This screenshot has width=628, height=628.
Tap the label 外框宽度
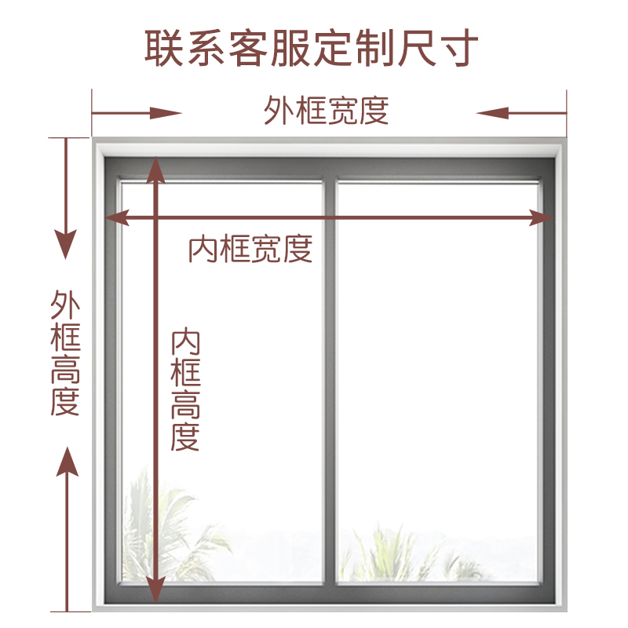tap(326, 111)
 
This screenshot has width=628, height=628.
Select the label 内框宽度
tap(250, 249)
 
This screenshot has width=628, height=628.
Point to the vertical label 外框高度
tap(66, 353)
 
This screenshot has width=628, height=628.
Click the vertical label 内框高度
tap(186, 390)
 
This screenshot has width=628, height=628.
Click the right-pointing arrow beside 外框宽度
tap(137, 113)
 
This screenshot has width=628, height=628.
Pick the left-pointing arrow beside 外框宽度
tap(520, 113)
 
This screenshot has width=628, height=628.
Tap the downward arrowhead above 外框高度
tap(67, 243)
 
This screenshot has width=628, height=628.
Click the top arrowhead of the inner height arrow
tap(155, 169)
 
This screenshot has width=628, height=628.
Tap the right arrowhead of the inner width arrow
tap(542, 217)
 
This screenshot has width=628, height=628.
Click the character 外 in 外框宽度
tap(278, 111)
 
